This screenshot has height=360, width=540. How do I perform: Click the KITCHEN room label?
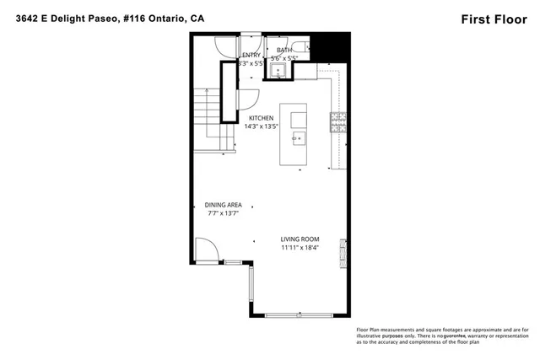click(261, 118)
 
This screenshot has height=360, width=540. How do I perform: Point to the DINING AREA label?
click(224, 205)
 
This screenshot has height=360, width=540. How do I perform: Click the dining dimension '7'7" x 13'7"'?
click(224, 214)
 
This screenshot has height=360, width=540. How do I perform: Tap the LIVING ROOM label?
click(302, 239)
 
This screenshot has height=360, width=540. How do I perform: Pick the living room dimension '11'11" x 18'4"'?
click(302, 248)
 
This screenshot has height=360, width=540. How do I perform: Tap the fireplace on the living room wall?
click(342, 250)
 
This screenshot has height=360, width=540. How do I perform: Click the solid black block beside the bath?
click(336, 46)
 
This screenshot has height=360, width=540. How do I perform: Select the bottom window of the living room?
click(300, 315)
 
